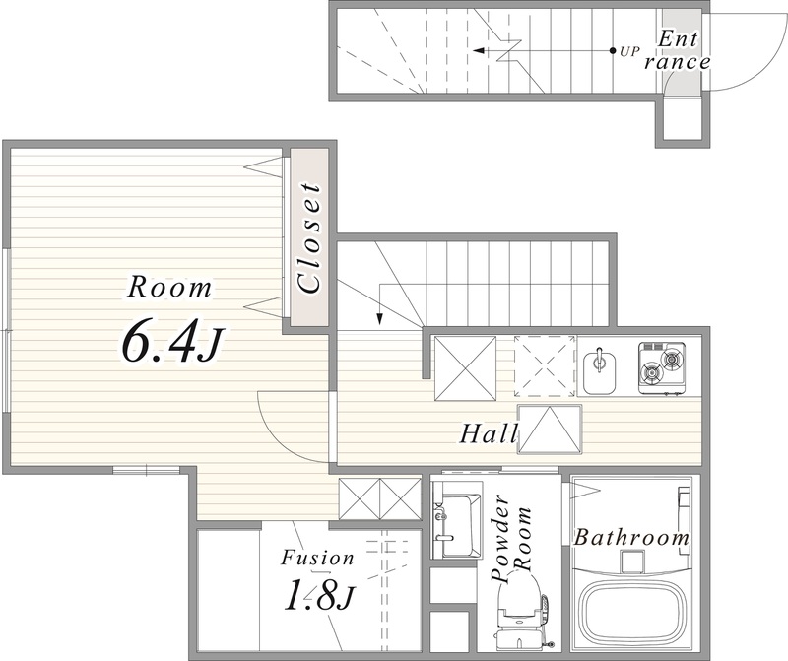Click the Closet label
coord(308,237)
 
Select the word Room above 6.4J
coord(168,288)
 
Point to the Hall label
coord(489,433)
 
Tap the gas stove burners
coord(662,366)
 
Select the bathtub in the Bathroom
coord(632,614)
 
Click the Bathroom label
coord(631,538)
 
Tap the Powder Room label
coord(511,540)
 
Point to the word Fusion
coord(317,558)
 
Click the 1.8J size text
coord(319,595)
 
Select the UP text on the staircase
coord(629,51)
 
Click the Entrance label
coord(678,51)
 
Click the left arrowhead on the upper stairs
coord(479,51)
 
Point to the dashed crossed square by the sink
coord(545,366)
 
